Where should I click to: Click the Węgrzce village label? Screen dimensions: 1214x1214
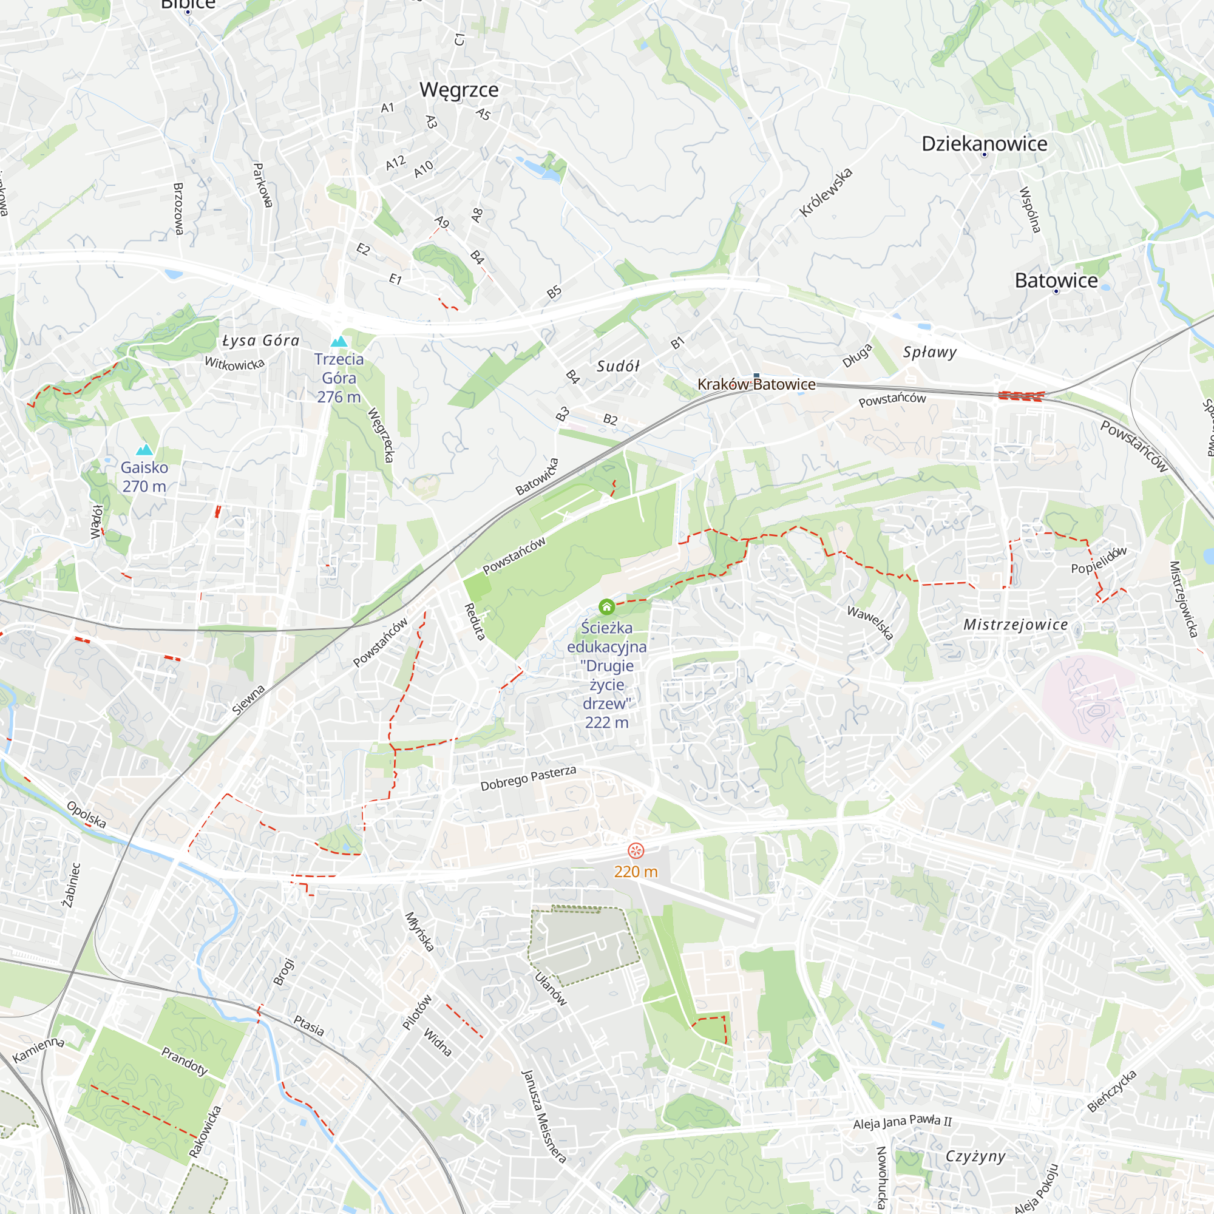[459, 90]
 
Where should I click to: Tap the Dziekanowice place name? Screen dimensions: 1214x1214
[984, 144]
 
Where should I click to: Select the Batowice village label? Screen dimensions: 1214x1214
[1056, 280]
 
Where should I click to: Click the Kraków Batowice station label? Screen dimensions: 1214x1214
[756, 385]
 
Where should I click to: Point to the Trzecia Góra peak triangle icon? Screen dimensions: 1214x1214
[339, 342]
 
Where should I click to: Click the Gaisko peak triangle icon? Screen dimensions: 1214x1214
[144, 450]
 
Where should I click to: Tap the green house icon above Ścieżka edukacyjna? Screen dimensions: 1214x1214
[606, 606]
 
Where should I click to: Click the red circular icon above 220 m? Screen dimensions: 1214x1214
[636, 851]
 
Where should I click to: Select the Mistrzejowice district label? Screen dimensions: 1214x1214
[1015, 625]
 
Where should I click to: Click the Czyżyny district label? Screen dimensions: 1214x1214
[975, 1156]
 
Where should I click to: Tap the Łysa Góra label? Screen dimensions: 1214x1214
[261, 341]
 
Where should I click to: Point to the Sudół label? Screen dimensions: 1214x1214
[618, 367]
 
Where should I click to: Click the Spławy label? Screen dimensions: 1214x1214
[929, 352]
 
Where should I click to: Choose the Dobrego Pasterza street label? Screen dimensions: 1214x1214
[528, 779]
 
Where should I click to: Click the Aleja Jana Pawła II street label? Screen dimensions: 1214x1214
[902, 1122]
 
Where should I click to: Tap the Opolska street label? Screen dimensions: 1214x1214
[86, 815]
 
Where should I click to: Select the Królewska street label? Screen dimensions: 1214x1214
[826, 193]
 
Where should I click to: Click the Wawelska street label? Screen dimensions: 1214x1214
[870, 622]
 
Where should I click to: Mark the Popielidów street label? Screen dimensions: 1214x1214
[1099, 560]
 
